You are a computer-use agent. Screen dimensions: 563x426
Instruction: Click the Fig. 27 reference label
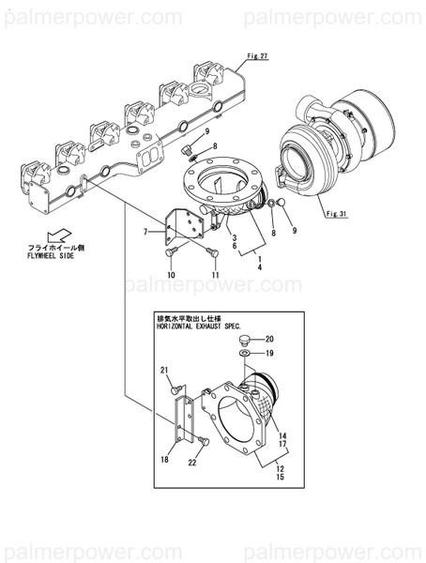point(257,57)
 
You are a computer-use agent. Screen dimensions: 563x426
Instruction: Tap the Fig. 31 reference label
point(335,215)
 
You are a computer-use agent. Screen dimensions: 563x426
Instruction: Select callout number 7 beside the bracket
point(145,231)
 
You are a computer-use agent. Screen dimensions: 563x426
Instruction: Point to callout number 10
point(171,274)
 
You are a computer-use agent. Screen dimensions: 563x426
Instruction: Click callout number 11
point(215,274)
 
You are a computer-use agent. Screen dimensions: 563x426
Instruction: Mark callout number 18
point(164,459)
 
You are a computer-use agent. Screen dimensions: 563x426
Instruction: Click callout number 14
point(282,434)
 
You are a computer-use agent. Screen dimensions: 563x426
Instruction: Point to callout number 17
point(282,445)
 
